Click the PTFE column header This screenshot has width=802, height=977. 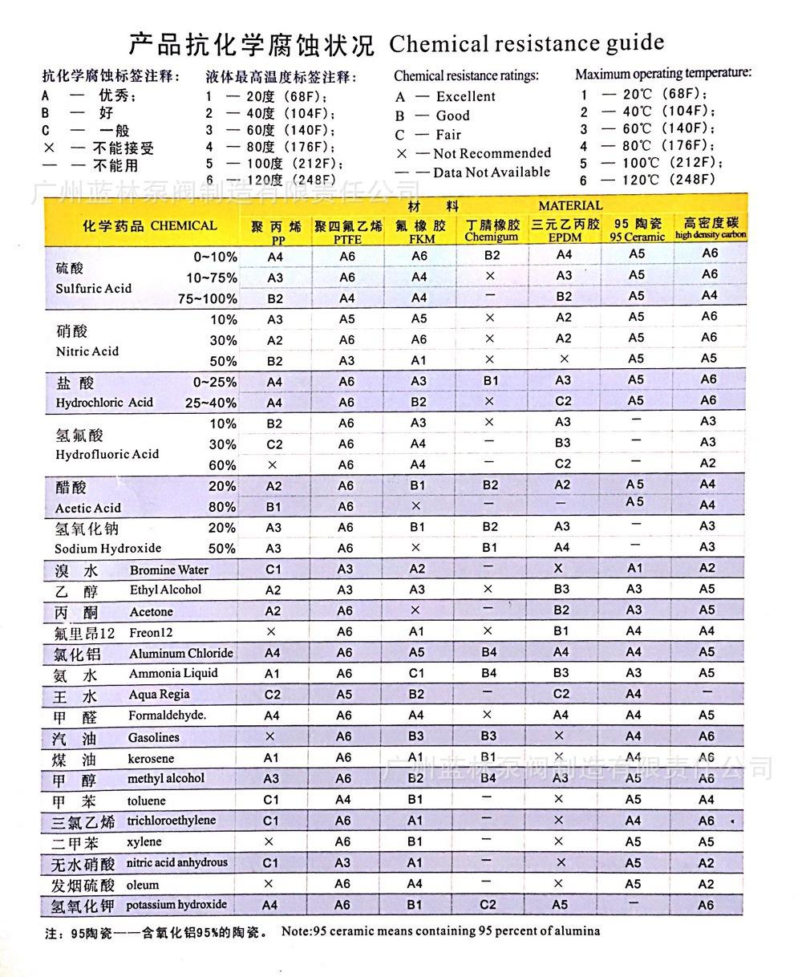pyautogui.click(x=348, y=232)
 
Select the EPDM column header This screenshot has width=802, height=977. pyautogui.click(x=565, y=230)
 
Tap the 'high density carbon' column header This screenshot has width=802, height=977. pyautogui.click(x=710, y=229)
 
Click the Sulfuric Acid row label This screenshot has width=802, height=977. pyautogui.click(x=93, y=278)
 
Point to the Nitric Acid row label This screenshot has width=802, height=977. pyautogui.click(x=87, y=341)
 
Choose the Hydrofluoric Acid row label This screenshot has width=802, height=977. pyautogui.click(x=107, y=445)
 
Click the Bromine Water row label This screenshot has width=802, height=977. pyautogui.click(x=168, y=570)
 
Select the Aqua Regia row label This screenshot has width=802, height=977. pyautogui.click(x=159, y=695)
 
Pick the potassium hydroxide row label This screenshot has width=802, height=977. pyautogui.click(x=176, y=905)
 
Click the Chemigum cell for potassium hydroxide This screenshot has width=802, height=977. pyautogui.click(x=488, y=905)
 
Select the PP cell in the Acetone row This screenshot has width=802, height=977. pyautogui.click(x=273, y=611)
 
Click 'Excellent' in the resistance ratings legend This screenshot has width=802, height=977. pyautogui.click(x=465, y=97)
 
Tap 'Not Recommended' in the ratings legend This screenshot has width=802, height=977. pyautogui.click(x=492, y=153)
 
